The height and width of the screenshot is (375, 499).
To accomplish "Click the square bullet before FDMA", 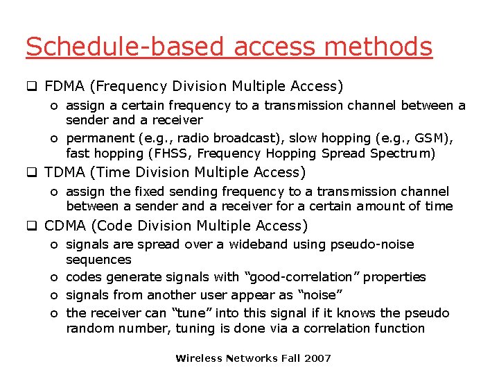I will point(31,87).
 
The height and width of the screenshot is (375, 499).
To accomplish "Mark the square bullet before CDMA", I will point(31,226).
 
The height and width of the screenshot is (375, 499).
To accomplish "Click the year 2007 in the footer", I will point(317,358).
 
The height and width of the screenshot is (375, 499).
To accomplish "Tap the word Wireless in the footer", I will point(198,358).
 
